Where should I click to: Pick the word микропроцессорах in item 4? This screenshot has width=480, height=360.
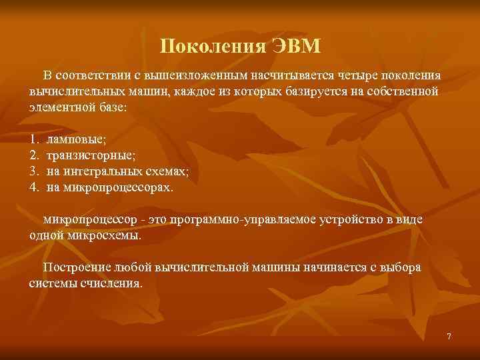click(x=119, y=187)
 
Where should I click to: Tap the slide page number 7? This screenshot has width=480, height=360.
click(x=449, y=337)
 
